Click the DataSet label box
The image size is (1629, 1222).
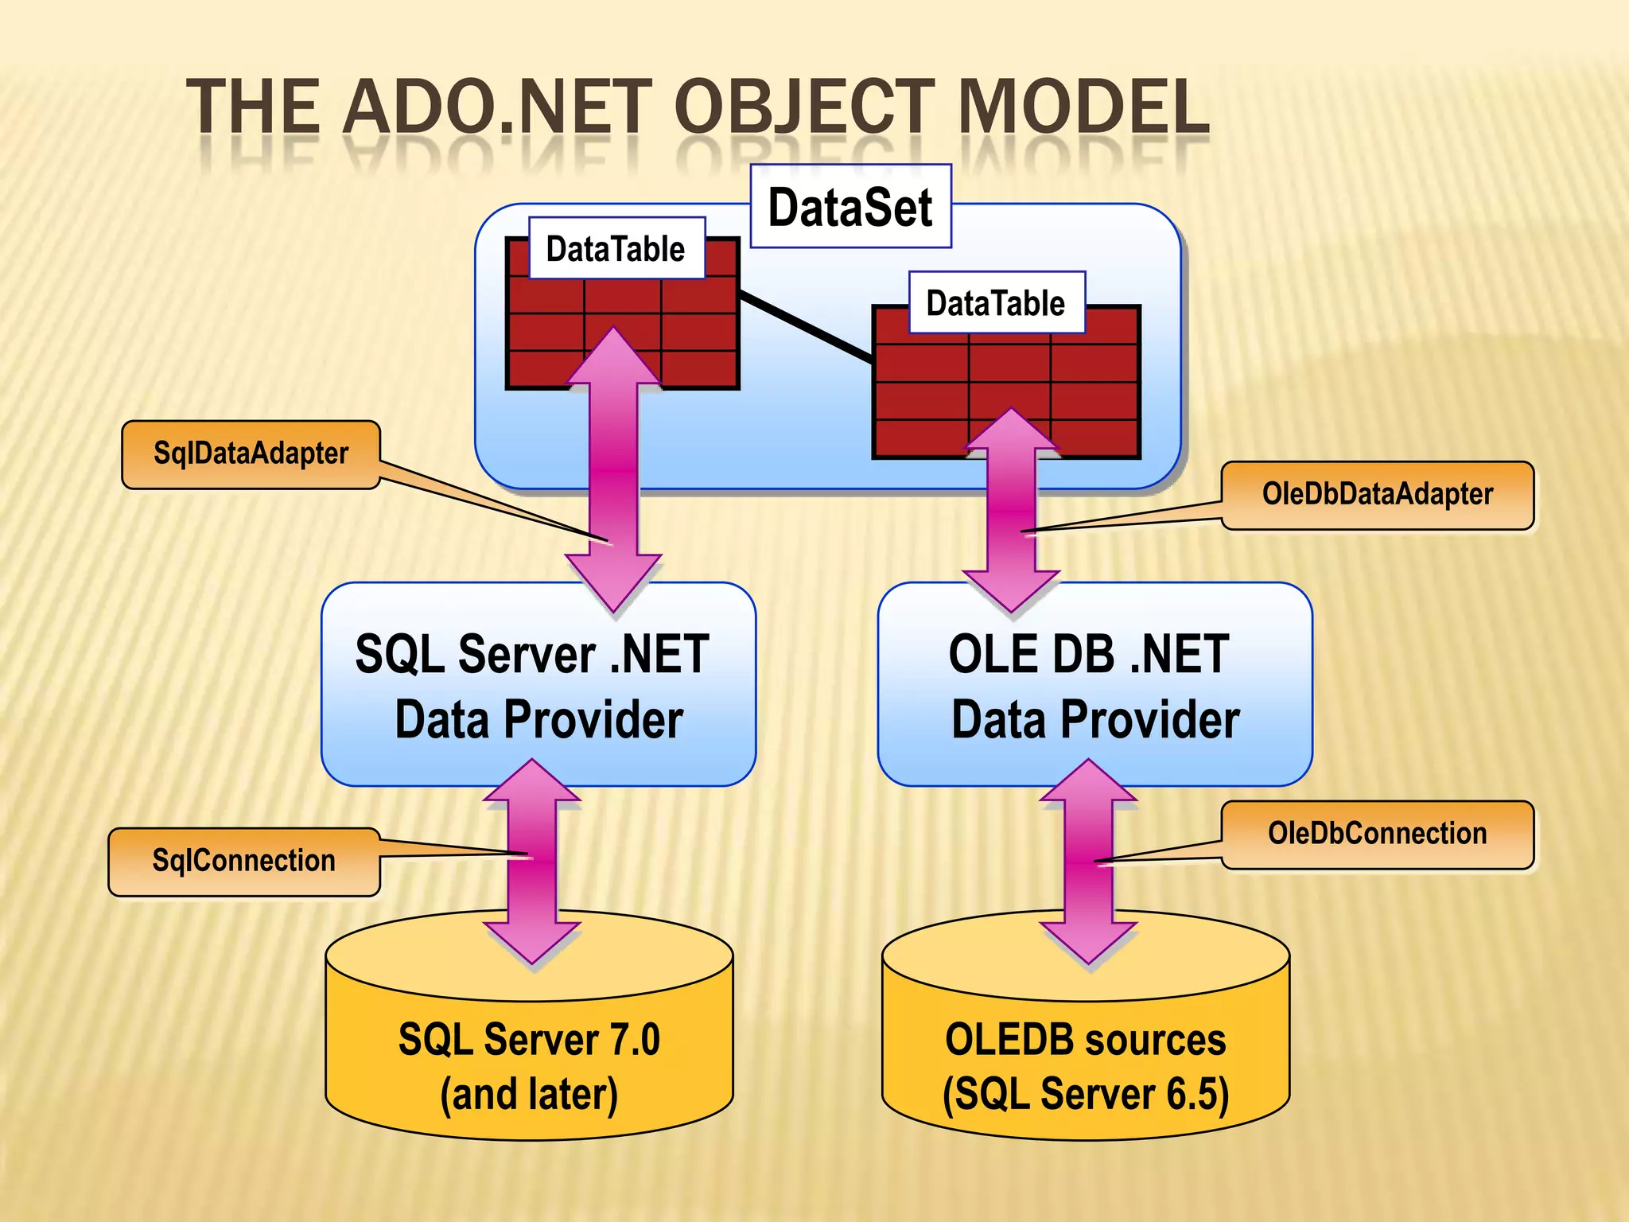[x=850, y=207]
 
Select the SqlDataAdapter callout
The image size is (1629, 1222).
[x=251, y=454]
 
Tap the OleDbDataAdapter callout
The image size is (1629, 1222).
[x=1377, y=495]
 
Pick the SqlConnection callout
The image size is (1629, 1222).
[x=243, y=862]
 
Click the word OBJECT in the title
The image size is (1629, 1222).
[x=803, y=107]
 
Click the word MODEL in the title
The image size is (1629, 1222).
[x=1083, y=107]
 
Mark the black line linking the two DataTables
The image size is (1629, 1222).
[x=805, y=327]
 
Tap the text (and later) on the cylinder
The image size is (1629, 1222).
[x=529, y=1095]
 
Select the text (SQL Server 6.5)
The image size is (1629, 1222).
[x=1085, y=1095]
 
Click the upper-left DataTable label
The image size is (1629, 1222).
[x=616, y=249]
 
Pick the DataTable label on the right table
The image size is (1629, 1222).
[x=996, y=303]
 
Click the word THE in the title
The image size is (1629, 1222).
[x=253, y=107]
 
